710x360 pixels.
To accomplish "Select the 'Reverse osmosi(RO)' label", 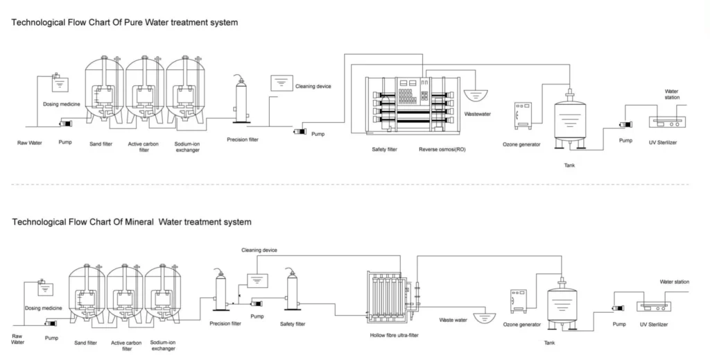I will point(442,149).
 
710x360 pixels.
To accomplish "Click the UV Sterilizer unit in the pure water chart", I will point(666,121).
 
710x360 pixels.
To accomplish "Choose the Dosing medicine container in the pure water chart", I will point(61,83).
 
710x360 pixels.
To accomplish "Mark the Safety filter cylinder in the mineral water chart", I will point(293,290).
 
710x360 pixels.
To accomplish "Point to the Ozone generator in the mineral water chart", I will point(519,301).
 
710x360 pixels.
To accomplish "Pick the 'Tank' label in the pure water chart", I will point(569,165).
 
